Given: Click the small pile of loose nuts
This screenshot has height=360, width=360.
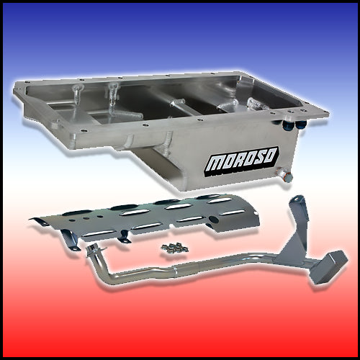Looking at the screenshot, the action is click(174, 248).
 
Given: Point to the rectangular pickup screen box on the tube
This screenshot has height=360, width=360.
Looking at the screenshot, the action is click(329, 267).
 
